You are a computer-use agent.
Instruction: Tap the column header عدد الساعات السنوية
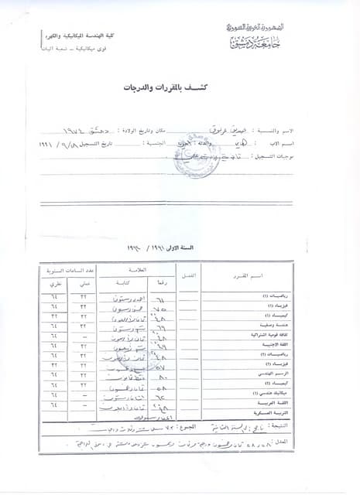[67, 271]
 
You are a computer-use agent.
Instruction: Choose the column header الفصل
[190, 276]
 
